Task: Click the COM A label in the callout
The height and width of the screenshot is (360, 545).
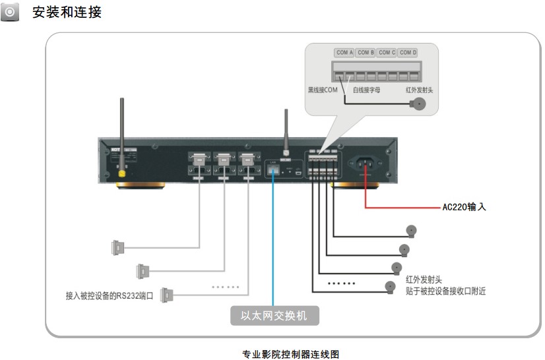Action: (344, 53)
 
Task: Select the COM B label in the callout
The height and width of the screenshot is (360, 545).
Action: (366, 53)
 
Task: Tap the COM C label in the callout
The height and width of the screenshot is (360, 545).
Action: (387, 53)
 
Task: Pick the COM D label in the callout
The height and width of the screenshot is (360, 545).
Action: (408, 53)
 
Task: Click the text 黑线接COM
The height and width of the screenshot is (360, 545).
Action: (323, 90)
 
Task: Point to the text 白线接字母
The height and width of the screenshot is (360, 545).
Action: (369, 90)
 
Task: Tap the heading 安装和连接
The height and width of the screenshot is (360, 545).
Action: (67, 13)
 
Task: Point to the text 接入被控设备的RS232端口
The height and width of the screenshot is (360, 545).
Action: (110, 296)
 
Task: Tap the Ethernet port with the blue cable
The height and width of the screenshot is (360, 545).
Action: (273, 170)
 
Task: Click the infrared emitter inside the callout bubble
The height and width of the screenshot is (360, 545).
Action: (418, 104)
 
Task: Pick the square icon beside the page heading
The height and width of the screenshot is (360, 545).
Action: (9, 13)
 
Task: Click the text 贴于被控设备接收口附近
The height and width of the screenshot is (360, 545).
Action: (445, 291)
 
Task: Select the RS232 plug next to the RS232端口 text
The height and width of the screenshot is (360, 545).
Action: (166, 295)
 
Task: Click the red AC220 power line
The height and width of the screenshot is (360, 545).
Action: (402, 207)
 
